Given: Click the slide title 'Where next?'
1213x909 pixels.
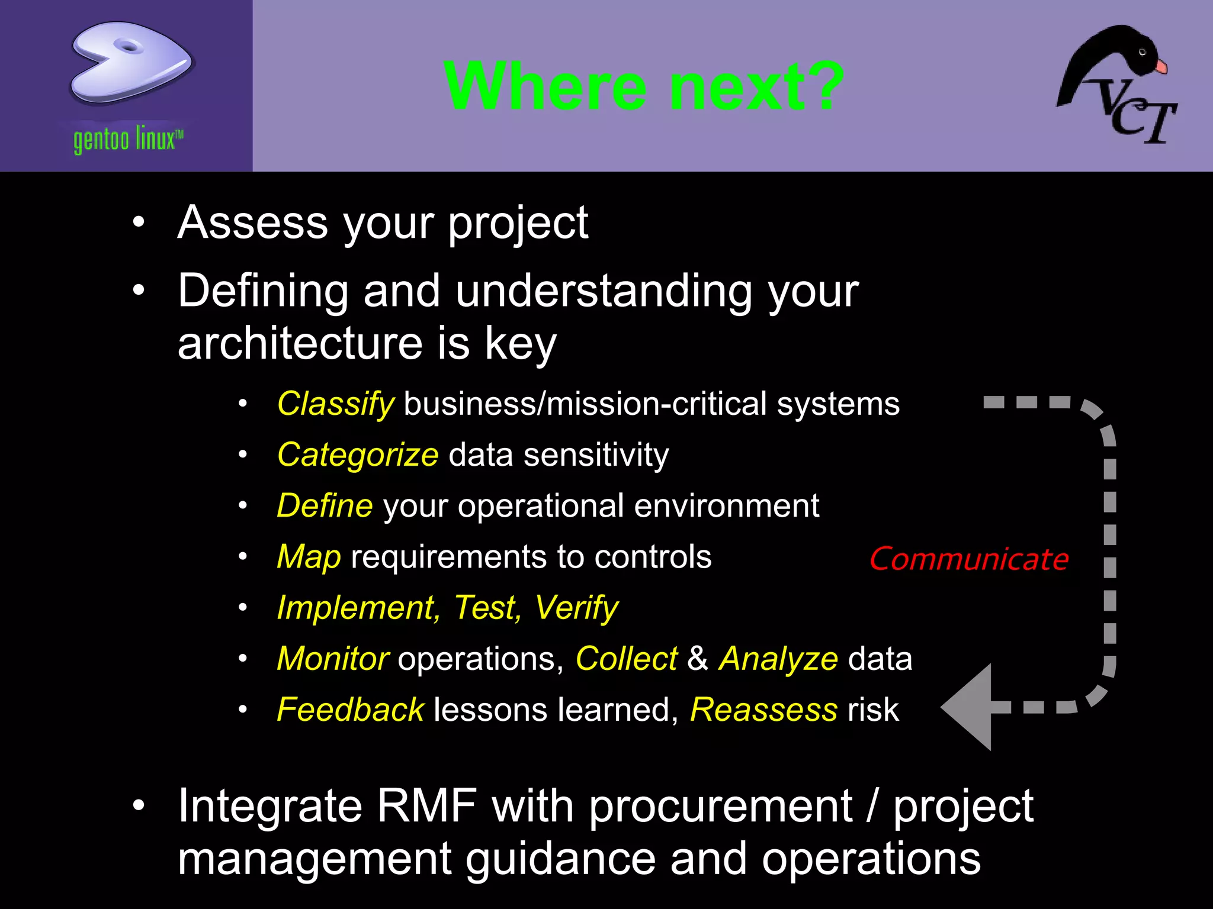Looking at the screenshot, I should tap(643, 86).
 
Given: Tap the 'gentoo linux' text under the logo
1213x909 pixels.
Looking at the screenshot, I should tap(128, 140).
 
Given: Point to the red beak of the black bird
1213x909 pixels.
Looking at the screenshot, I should tap(1161, 66).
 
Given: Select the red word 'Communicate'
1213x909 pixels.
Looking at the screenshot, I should tap(969, 559).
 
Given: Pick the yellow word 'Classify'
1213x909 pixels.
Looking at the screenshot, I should tap(335, 404).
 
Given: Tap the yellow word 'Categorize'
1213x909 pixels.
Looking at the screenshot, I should tap(358, 456).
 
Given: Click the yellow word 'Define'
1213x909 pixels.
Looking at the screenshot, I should tap(325, 506).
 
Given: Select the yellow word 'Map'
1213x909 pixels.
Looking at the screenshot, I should tap(309, 557).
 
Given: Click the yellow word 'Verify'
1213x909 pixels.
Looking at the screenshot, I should tap(576, 608).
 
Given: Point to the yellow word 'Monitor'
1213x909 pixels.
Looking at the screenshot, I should tap(332, 659).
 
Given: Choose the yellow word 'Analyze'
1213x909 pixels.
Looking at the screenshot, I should tap(778, 659).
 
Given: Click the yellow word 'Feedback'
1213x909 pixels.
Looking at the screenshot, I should tap(350, 710).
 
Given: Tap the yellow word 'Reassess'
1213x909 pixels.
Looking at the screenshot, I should tap(763, 710).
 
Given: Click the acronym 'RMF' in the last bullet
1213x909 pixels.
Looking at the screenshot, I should tap(426, 806).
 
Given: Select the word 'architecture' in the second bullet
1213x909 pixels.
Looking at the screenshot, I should tap(300, 343).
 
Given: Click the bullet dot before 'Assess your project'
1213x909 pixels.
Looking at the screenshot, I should tap(139, 223).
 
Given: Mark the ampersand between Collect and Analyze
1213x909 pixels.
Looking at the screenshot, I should tap(698, 659).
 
